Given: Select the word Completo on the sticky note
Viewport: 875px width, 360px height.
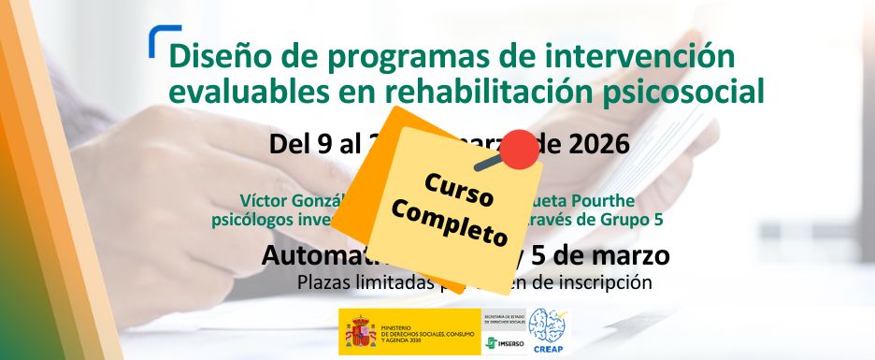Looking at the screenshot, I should (x=450, y=219).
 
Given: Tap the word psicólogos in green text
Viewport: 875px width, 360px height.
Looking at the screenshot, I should (x=251, y=220).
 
